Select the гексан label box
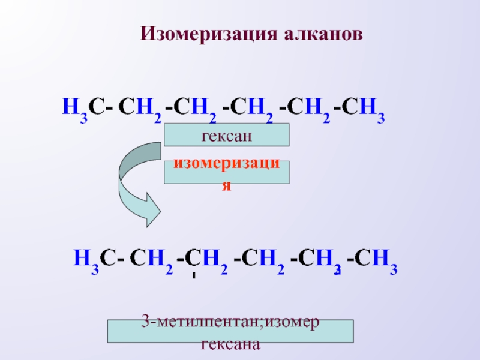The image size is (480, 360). (x=227, y=135)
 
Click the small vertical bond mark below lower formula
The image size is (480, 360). (x=194, y=277)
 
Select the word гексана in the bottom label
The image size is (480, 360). (x=230, y=344)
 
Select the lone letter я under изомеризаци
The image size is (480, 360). (x=226, y=185)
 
